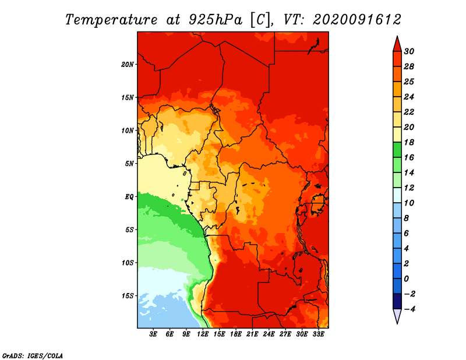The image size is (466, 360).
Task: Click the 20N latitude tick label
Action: tap(127, 65)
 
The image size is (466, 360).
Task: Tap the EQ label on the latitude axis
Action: tap(129, 197)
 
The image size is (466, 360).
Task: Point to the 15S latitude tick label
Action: tap(127, 296)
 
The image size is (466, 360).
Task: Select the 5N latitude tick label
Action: tap(129, 164)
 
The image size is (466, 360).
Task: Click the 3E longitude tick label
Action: tap(153, 334)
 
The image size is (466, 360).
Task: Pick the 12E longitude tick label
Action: tap(203, 334)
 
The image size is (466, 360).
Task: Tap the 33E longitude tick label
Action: tap(318, 334)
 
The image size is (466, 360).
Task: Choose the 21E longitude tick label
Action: tap(252, 334)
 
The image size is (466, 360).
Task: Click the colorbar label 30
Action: tap(409, 51)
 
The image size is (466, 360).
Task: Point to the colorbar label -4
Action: tap(409, 309)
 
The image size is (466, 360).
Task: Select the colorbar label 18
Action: tap(409, 142)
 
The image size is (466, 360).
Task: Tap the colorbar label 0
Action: tap(406, 279)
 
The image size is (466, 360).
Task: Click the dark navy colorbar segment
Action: tap(397, 301)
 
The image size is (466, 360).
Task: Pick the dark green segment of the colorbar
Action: tap(397, 150)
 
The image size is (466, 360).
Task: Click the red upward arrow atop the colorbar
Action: tap(397, 44)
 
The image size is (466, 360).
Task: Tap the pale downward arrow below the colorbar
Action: tap(397, 316)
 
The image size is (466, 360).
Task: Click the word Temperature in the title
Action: tap(111, 20)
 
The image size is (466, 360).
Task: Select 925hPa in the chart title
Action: tap(216, 20)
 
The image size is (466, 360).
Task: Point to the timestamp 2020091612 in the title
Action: tap(356, 20)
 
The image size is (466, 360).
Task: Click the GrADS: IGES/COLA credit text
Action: tap(33, 356)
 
